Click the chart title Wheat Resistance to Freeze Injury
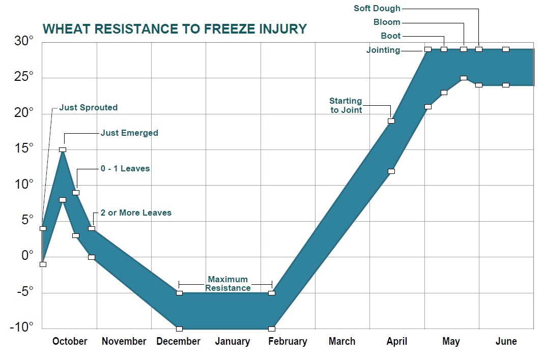point(175,28)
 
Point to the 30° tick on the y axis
point(23,42)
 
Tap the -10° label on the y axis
point(21,326)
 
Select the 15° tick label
point(23,148)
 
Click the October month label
point(70,342)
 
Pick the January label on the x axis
point(233,342)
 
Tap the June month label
point(506,342)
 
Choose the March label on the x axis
point(341,342)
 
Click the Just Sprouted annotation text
point(88,107)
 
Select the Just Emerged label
point(129,133)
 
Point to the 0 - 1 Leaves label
point(125,168)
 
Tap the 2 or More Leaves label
point(136,213)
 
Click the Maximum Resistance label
point(228,284)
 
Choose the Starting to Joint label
point(346,105)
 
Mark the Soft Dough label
point(377,8)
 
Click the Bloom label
point(387,22)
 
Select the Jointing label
point(383,50)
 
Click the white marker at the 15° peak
point(63,149)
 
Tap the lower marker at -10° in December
point(179,329)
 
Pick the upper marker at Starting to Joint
point(391,121)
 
